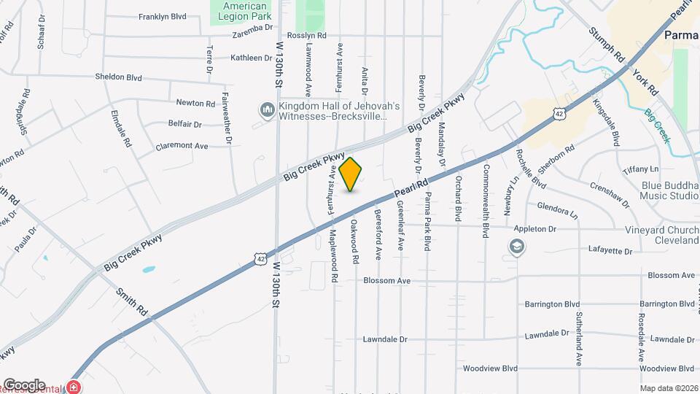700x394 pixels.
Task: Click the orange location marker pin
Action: pos(351,174)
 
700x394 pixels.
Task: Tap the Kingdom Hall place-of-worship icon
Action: pos(266,111)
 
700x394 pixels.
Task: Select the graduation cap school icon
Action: pos(516,248)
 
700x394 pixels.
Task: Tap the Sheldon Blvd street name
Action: pos(118,77)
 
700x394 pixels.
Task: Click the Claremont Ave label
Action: pos(182,146)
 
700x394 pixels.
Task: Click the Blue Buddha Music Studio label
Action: pos(669,190)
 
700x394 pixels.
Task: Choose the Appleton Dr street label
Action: pos(534,229)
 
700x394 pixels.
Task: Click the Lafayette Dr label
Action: pos(610,250)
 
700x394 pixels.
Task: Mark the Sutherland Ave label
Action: pos(580,339)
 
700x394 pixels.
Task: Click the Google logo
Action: pos(24,385)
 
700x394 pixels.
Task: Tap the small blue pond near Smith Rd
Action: pos(148,270)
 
